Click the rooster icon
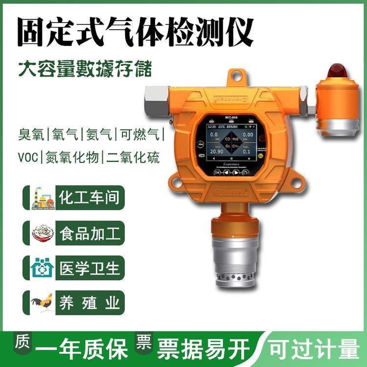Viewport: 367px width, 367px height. (x=42, y=302)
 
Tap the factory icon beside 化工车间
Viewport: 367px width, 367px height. (x=42, y=198)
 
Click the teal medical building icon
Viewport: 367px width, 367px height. (x=42, y=268)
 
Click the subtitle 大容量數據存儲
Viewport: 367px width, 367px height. (x=85, y=69)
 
